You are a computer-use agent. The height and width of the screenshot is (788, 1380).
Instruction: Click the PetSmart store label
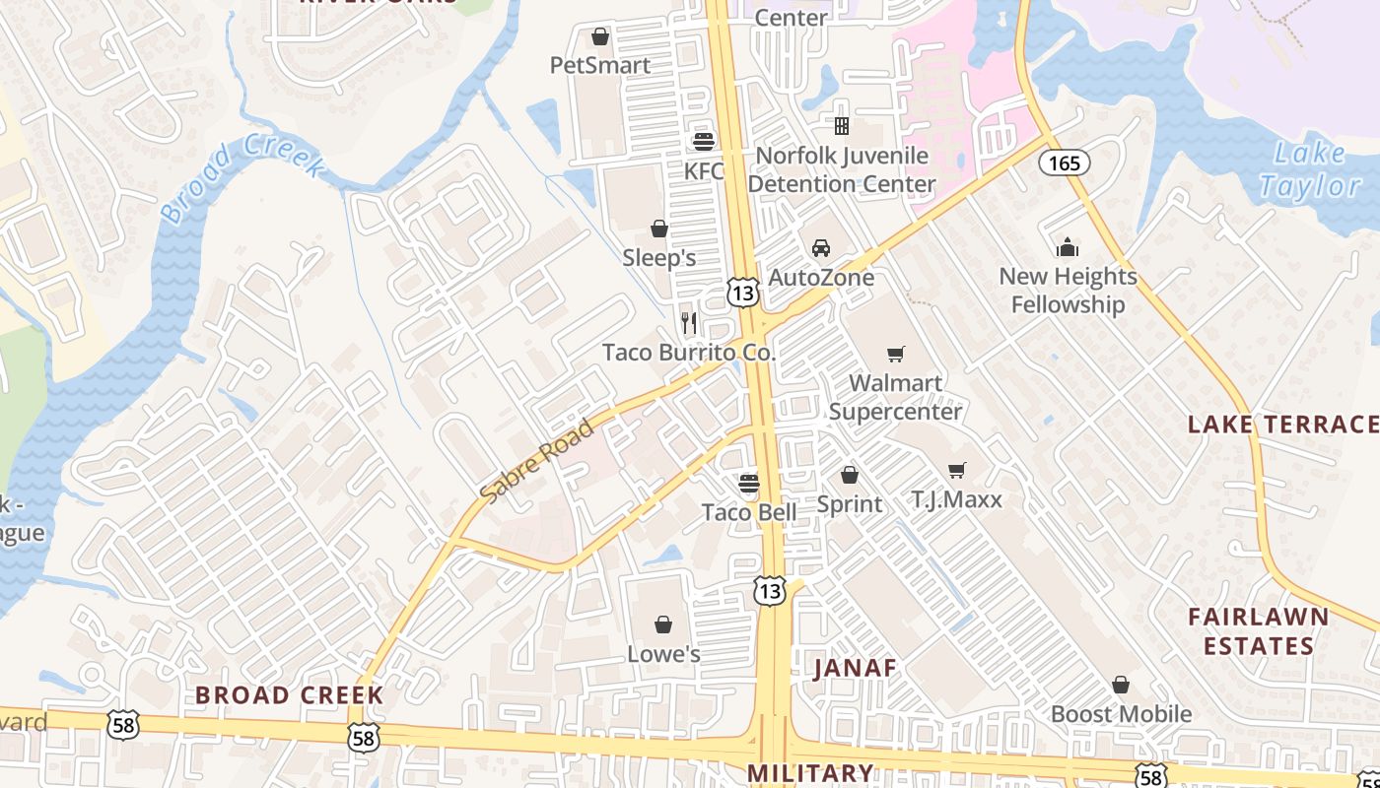(599, 65)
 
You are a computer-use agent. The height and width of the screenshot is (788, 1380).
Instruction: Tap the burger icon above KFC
(703, 141)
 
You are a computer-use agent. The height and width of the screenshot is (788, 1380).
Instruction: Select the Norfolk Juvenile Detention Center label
(841, 169)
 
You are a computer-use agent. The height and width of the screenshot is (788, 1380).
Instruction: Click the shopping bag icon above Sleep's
(659, 230)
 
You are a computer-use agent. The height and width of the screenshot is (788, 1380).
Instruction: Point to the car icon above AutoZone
(821, 247)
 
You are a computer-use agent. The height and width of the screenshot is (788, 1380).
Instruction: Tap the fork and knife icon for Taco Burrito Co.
(689, 322)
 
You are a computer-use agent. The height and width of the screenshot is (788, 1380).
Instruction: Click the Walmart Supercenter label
(895, 397)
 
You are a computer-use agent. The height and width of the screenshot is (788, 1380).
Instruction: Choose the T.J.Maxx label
(956, 499)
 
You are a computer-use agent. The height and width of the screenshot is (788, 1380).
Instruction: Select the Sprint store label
(850, 504)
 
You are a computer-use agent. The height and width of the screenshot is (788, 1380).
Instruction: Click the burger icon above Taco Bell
(749, 483)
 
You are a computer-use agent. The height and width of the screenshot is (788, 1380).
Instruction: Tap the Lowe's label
(663, 654)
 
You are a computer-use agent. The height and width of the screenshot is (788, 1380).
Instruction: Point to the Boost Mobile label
(1121, 714)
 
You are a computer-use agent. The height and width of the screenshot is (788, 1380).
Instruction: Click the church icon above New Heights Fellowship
(1068, 247)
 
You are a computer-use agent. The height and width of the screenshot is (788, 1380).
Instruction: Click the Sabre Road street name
(537, 458)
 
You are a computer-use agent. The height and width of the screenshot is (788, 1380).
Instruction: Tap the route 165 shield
(1065, 163)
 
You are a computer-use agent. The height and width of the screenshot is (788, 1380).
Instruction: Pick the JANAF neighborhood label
(856, 668)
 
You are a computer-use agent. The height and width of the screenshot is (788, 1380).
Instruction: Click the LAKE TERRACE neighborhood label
(1282, 425)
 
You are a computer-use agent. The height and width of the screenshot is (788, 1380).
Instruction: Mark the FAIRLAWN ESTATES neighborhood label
(1258, 631)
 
